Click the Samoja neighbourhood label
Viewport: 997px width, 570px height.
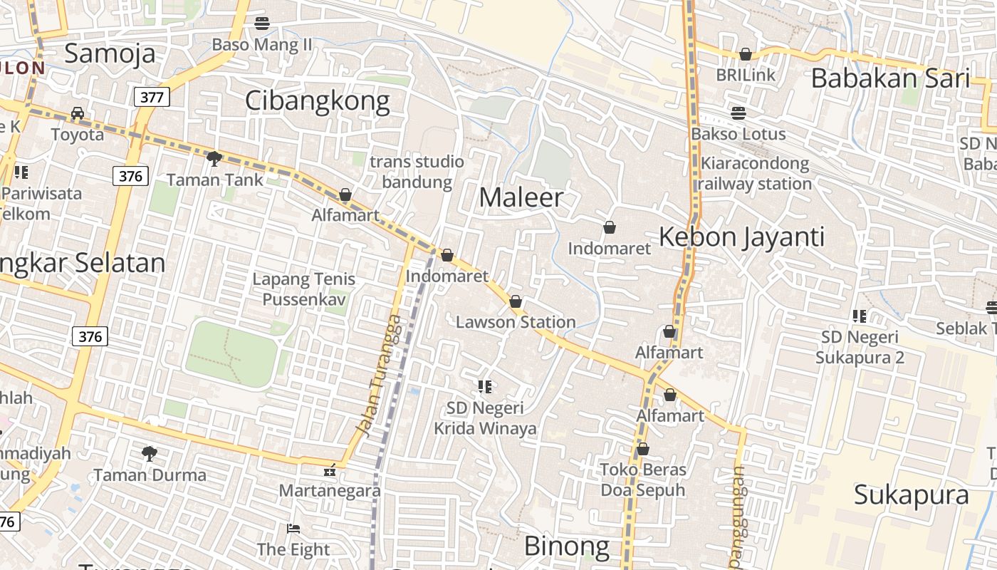(110, 53)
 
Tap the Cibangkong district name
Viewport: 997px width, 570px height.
(317, 101)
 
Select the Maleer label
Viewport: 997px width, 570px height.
(521, 197)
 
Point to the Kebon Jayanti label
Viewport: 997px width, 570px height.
(741, 237)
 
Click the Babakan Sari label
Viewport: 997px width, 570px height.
(890, 78)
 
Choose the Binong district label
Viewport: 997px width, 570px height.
(567, 546)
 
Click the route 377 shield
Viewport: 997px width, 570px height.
(152, 97)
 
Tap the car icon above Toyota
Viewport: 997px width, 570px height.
(77, 113)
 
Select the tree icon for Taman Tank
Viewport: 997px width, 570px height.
(213, 158)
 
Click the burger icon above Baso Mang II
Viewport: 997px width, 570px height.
(261, 24)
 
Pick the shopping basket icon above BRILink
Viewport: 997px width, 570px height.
(746, 54)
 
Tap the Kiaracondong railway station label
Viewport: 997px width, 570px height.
(754, 174)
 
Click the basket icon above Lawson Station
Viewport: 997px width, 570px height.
(516, 302)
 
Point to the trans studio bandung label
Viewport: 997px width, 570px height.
(417, 172)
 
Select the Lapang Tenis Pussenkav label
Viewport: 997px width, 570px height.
(304, 289)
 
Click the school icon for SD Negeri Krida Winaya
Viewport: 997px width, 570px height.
(485, 387)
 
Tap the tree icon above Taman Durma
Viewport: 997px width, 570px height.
(150, 453)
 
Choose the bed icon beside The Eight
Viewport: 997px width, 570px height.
(293, 528)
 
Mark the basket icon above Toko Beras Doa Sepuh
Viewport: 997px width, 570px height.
(642, 449)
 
